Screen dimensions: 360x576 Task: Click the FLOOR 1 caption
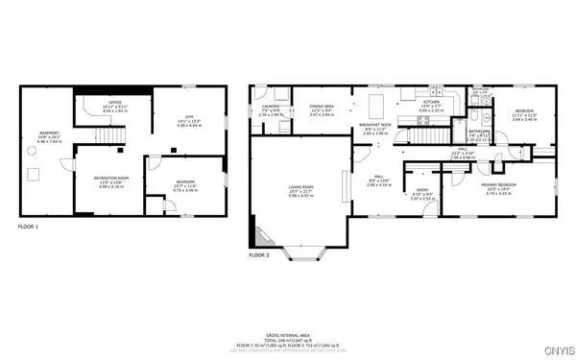tap(30, 227)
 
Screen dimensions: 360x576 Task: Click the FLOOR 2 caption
tap(260, 256)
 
